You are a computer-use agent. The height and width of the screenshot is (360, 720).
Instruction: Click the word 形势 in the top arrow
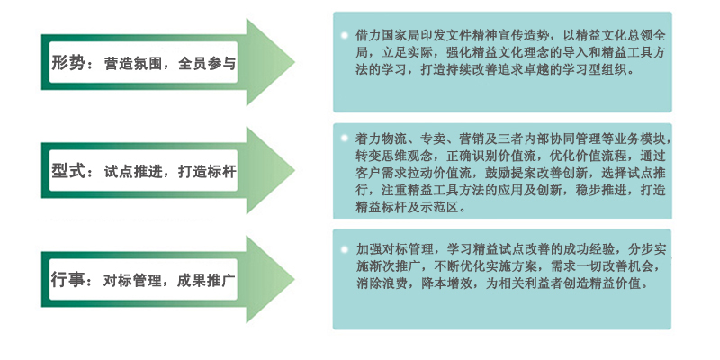pyautogui.click(x=68, y=63)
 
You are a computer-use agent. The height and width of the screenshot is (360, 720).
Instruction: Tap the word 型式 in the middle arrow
pyautogui.click(x=68, y=171)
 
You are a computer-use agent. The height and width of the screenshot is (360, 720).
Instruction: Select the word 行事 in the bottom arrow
pyautogui.click(x=68, y=280)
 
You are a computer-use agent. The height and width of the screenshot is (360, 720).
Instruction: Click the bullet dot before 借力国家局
pyautogui.click(x=345, y=35)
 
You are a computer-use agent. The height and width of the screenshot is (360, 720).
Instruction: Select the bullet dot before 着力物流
pyautogui.click(x=345, y=138)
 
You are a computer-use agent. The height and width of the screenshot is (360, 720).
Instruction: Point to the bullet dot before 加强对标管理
pyautogui.click(x=345, y=249)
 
